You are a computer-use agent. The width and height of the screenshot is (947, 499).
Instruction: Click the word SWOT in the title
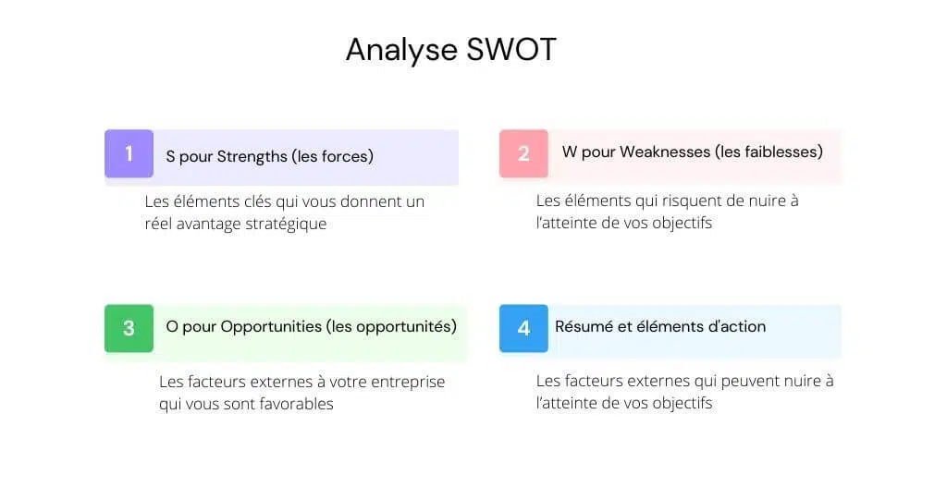click(510, 50)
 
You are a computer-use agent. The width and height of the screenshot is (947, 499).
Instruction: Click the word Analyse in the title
click(401, 51)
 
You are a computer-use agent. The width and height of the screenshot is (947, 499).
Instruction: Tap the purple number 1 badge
click(129, 153)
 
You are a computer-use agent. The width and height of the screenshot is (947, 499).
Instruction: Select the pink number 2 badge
click(523, 153)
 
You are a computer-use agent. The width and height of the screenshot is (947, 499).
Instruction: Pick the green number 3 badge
click(129, 328)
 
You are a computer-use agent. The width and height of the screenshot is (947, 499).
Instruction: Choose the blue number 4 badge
click(523, 328)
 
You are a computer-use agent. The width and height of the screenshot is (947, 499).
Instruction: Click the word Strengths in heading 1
click(252, 157)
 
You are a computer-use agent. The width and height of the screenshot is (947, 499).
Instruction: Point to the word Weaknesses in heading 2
click(665, 152)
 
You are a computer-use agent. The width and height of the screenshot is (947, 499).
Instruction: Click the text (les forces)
click(333, 157)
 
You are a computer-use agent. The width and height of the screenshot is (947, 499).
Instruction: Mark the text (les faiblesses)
click(769, 152)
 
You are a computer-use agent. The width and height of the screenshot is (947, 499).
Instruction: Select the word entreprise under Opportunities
click(408, 383)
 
